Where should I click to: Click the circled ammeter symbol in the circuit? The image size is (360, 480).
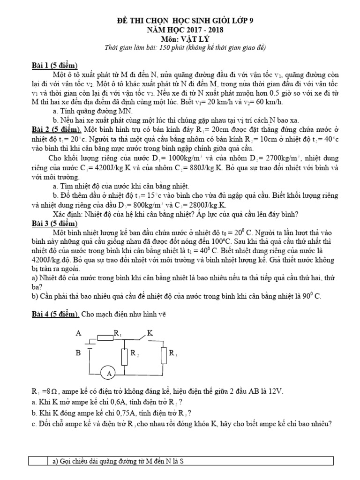coord(109,374)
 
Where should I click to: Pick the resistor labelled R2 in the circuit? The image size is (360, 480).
coord(124,357)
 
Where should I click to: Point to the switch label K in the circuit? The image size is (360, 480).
coord(150,333)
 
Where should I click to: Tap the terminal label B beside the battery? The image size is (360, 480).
coord(78,353)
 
